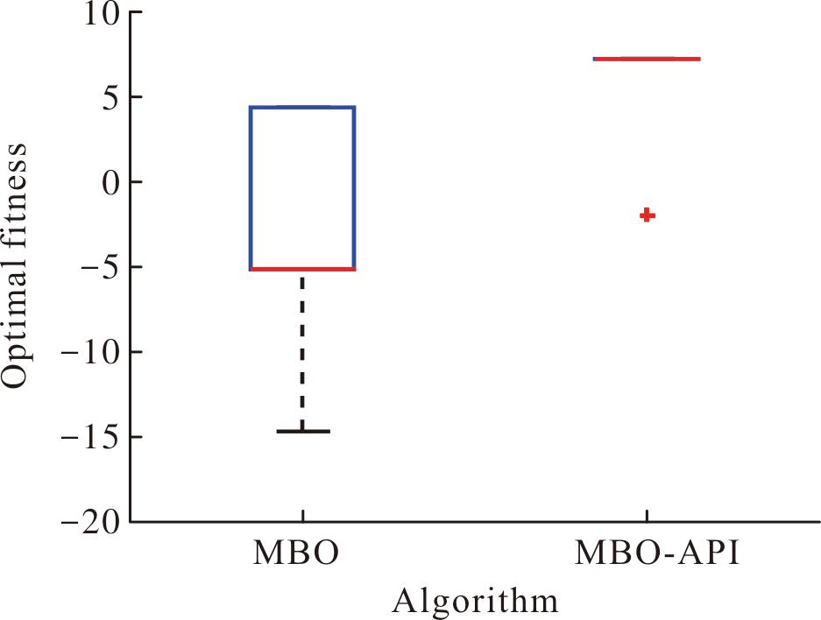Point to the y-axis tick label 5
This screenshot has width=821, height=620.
point(111,97)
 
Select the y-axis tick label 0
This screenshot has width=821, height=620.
point(111,183)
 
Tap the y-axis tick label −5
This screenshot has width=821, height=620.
point(101,268)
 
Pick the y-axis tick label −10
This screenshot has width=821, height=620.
point(91,353)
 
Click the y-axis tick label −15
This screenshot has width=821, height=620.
point(91,438)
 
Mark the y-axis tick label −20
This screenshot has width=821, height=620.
point(91,522)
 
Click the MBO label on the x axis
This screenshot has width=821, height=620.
point(296,553)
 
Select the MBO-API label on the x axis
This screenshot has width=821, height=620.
point(658,553)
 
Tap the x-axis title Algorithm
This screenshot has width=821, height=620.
point(476,602)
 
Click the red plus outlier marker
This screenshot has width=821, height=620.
point(648,215)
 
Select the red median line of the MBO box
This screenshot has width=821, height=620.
point(302,269)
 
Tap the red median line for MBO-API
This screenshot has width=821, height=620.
point(648,59)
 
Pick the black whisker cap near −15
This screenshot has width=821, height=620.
point(303,431)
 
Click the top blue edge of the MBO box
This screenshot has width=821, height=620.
point(302,107)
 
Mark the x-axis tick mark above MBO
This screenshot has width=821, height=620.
point(303,515)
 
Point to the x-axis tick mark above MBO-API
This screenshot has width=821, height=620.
point(648,515)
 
